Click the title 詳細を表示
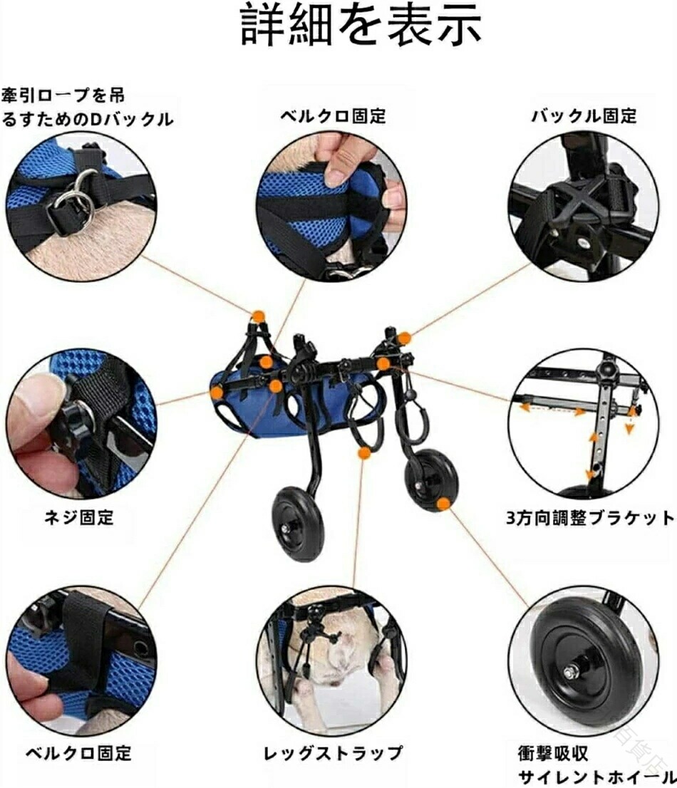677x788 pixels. tap(361, 25)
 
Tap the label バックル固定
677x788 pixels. tap(584, 116)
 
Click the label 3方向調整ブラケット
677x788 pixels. tap(589, 518)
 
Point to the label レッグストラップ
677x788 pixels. tap(333, 752)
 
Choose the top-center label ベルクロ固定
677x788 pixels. tap(334, 116)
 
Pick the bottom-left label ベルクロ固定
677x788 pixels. tap(78, 753)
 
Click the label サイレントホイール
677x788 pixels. tap(596, 777)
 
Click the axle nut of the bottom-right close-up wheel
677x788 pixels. tap(572, 671)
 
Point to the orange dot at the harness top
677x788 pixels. tap(259, 316)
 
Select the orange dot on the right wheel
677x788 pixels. tap(443, 503)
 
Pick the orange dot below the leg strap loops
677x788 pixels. tap(364, 453)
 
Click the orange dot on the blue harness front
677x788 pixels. tap(217, 393)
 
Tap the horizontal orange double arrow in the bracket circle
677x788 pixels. tap(552, 408)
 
